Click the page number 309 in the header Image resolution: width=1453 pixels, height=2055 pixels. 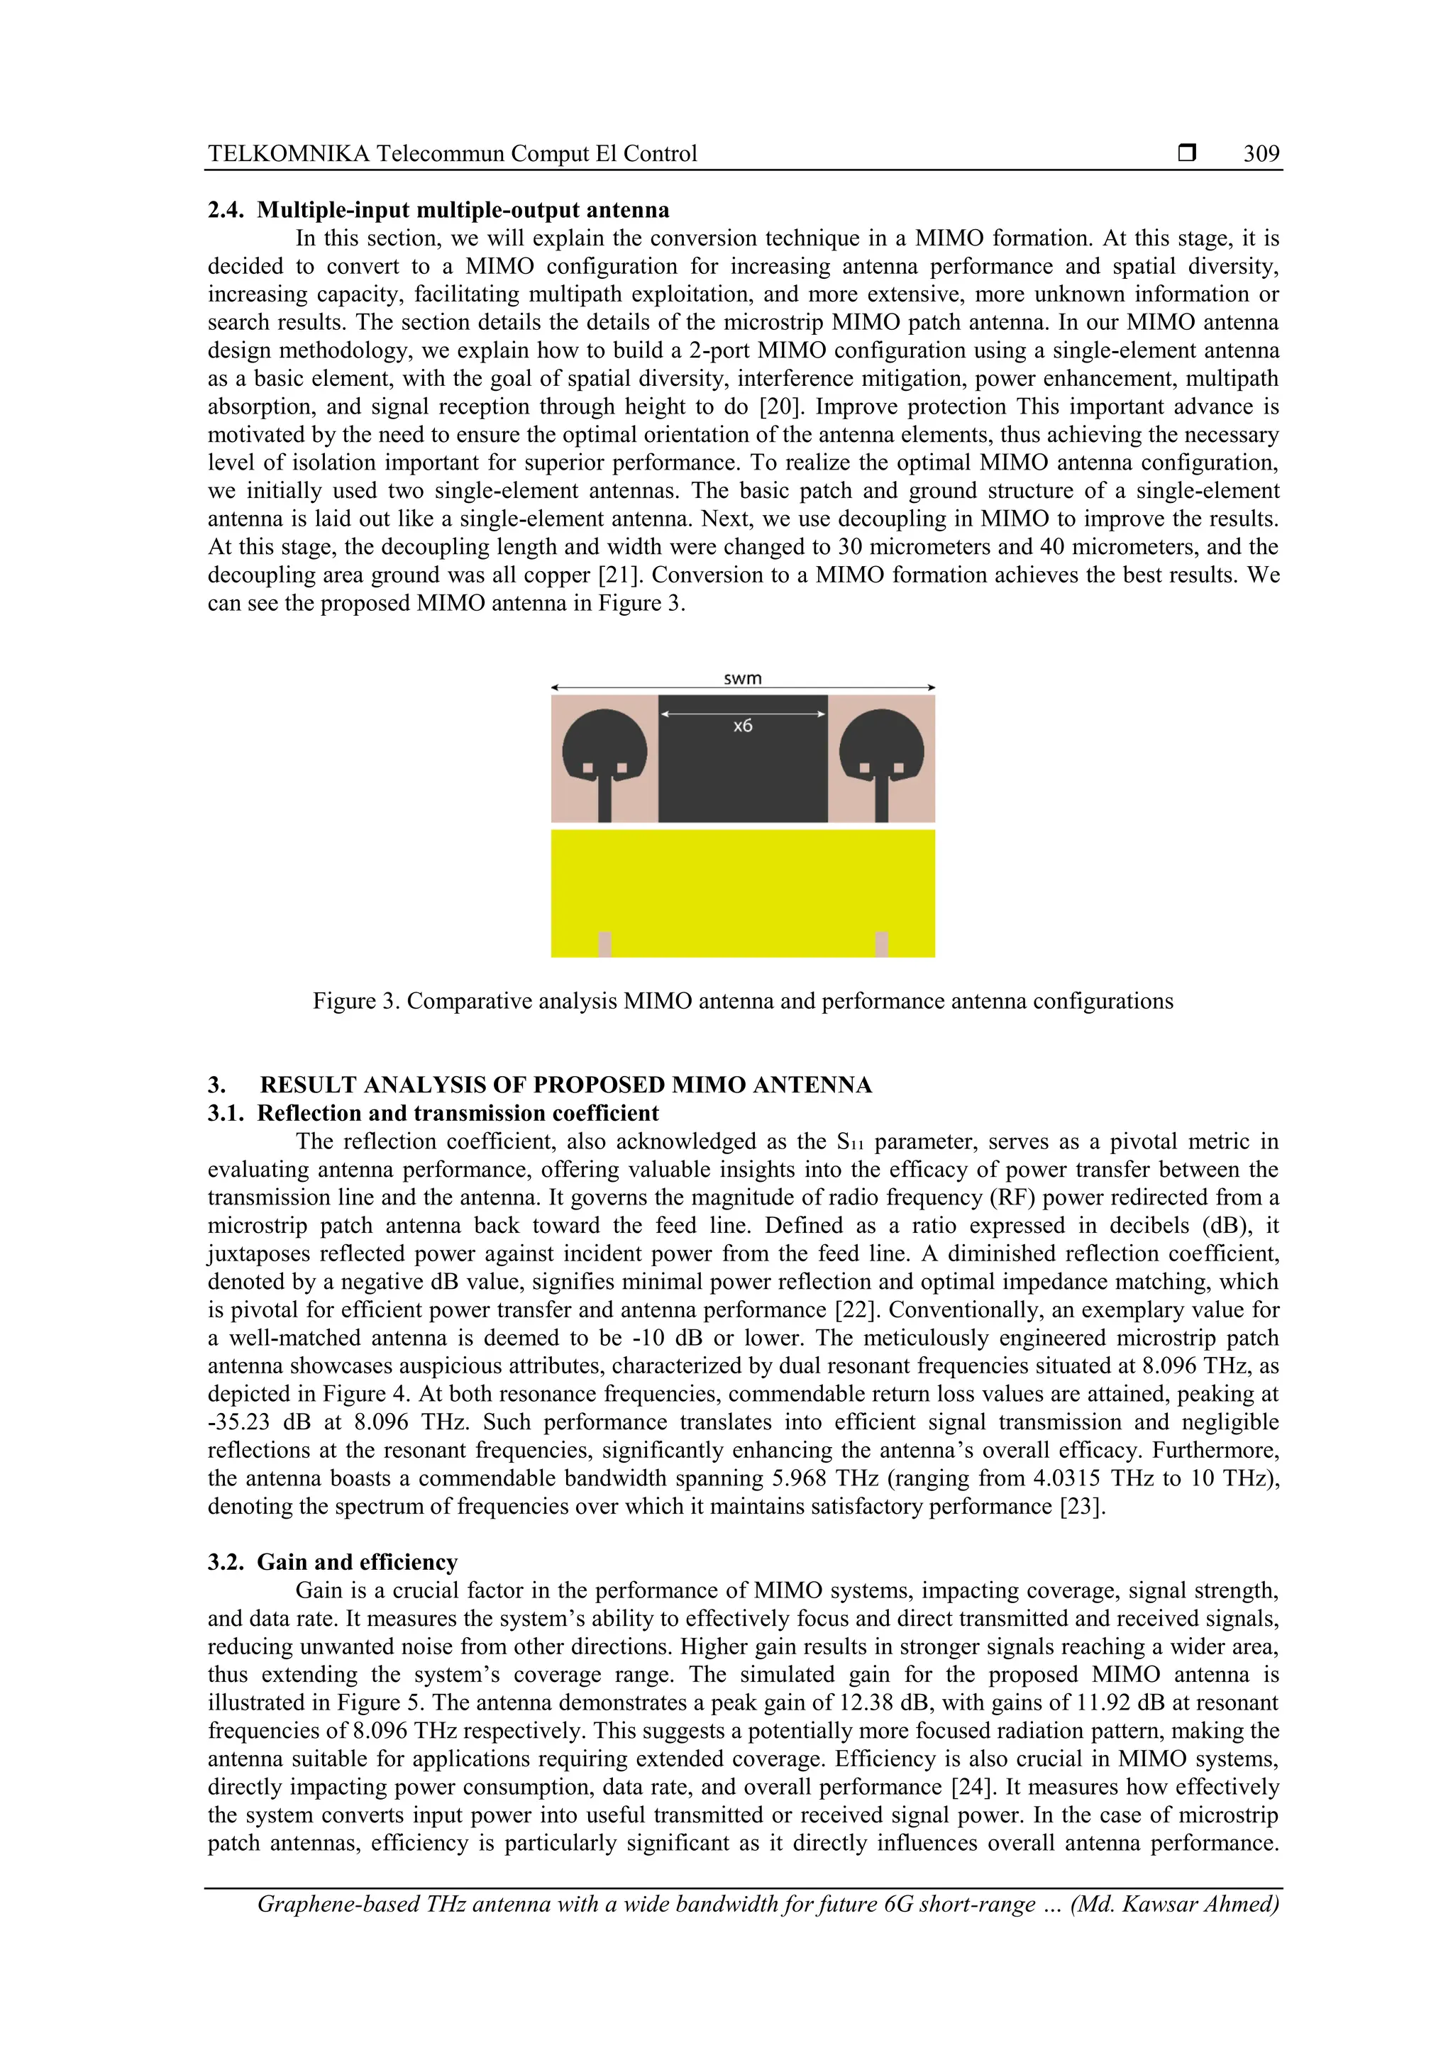(x=1261, y=154)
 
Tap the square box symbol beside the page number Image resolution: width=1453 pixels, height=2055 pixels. (x=1187, y=153)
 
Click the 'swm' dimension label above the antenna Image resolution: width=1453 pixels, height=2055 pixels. (x=742, y=678)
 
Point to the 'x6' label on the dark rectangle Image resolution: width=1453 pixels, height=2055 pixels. (x=742, y=726)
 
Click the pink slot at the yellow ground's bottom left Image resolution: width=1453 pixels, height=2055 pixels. (x=604, y=943)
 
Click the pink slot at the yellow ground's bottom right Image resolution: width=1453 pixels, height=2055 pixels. (x=882, y=943)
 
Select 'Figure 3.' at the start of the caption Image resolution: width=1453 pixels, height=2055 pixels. (x=355, y=1001)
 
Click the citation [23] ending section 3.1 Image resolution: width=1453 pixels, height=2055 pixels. (x=1083, y=1507)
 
